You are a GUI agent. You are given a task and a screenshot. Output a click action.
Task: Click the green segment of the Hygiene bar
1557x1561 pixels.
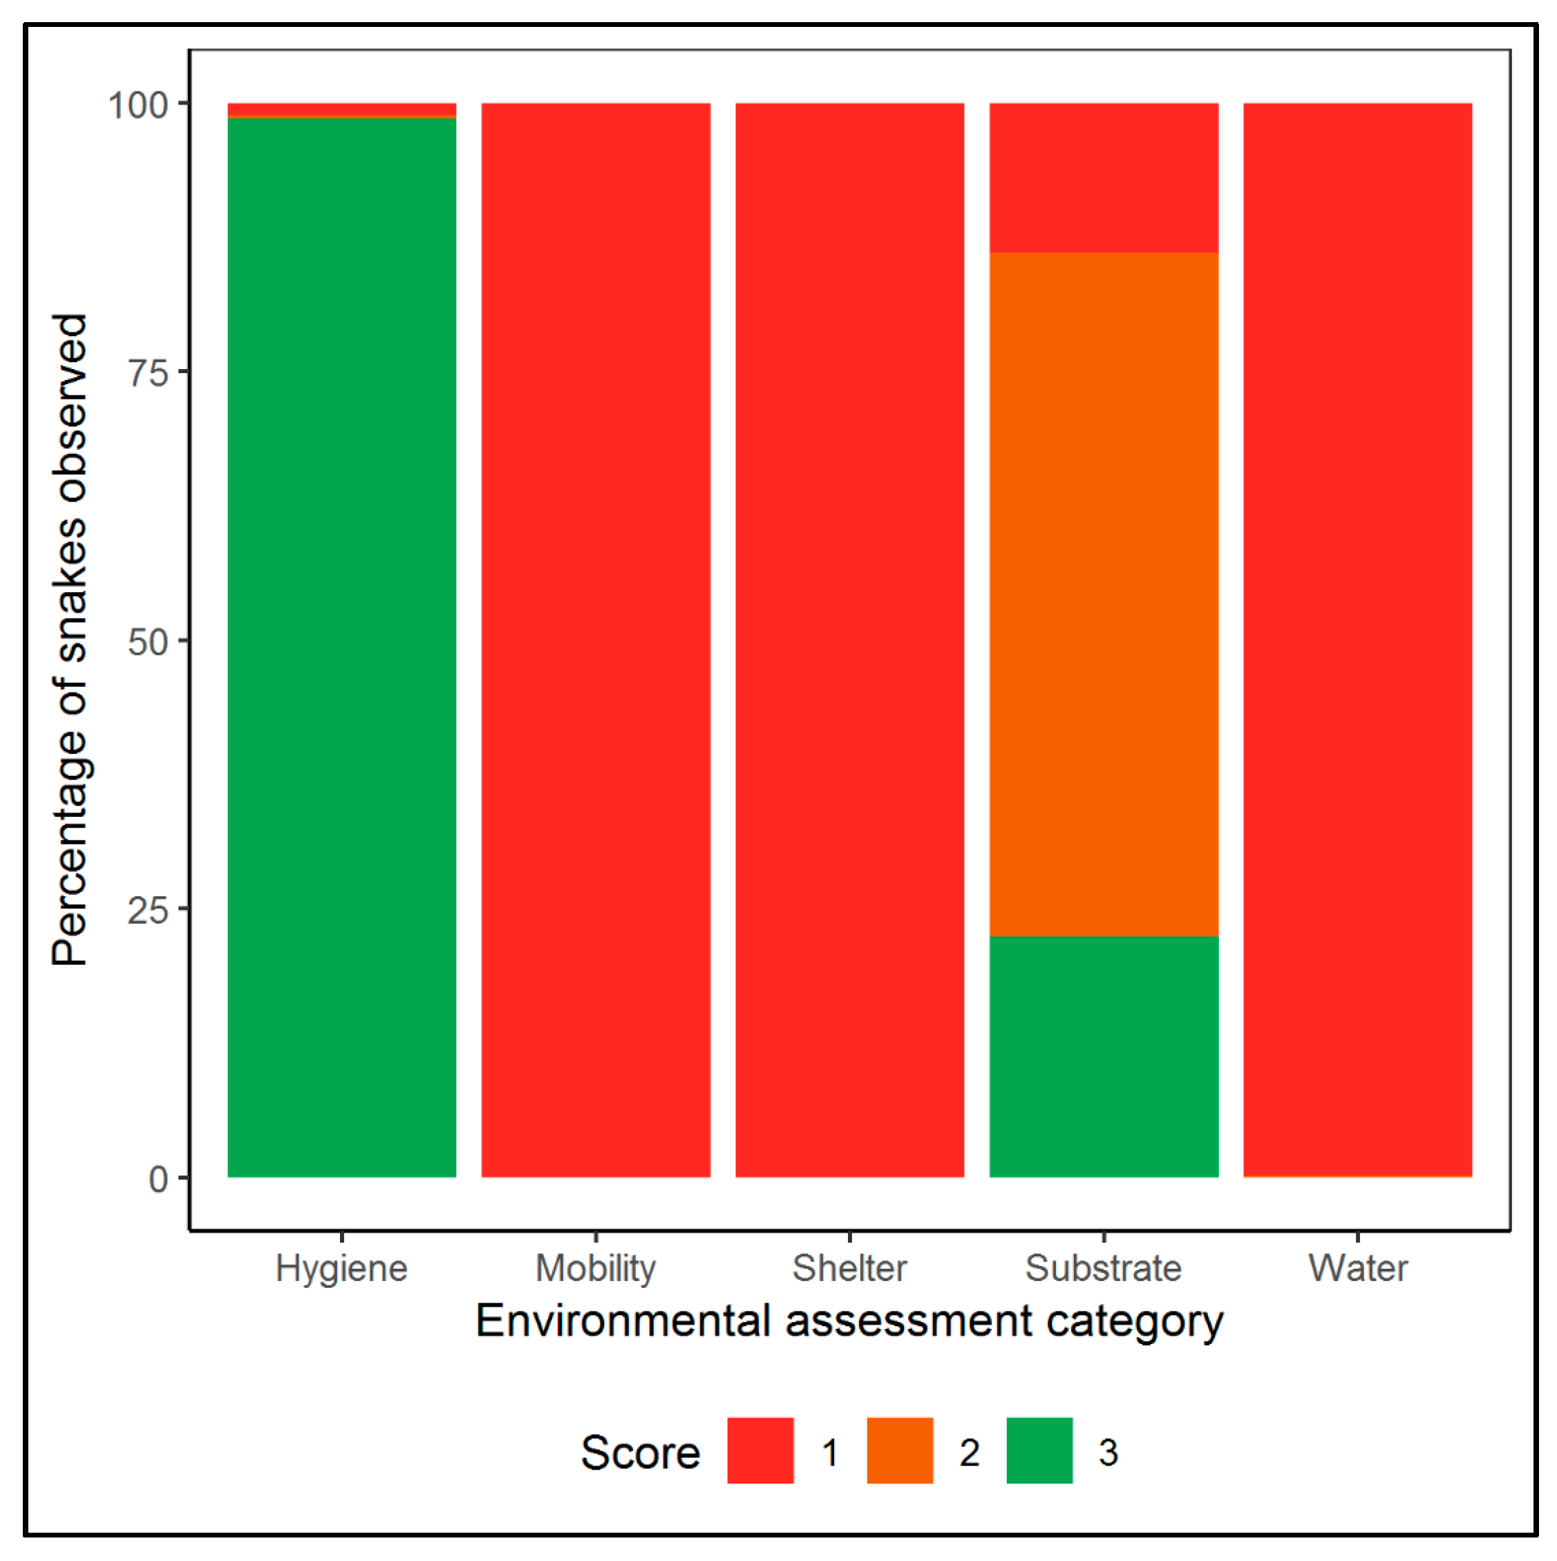(342, 646)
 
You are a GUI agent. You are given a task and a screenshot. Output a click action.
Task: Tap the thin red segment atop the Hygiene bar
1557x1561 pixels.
(342, 109)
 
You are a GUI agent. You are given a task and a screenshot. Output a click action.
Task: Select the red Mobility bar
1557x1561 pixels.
(596, 638)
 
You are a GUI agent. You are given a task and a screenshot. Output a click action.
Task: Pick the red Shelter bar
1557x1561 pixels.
(849, 638)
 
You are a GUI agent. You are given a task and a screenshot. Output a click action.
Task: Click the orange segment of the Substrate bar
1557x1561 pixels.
(1104, 594)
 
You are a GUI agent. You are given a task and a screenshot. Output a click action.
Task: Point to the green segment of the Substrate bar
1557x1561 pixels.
(1104, 1056)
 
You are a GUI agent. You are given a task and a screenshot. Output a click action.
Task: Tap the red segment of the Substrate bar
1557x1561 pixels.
(1104, 178)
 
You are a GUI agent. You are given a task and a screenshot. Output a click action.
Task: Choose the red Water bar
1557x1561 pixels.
(1357, 638)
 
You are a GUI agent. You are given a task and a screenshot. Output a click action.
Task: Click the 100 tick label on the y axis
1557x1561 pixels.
(138, 105)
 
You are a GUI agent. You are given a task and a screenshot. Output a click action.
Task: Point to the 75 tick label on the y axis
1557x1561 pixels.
(148, 373)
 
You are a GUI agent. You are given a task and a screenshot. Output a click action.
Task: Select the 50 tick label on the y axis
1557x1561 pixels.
(148, 643)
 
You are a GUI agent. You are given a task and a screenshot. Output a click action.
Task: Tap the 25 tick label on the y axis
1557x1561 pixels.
(148, 911)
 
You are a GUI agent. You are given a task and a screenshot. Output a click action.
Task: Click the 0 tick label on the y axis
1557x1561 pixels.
(158, 1180)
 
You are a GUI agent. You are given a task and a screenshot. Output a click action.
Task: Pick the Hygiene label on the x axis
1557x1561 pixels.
(342, 1269)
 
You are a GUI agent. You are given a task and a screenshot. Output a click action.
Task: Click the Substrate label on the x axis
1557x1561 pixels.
(1104, 1269)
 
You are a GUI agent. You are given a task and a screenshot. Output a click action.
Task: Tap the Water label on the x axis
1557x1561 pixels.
(1357, 1269)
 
